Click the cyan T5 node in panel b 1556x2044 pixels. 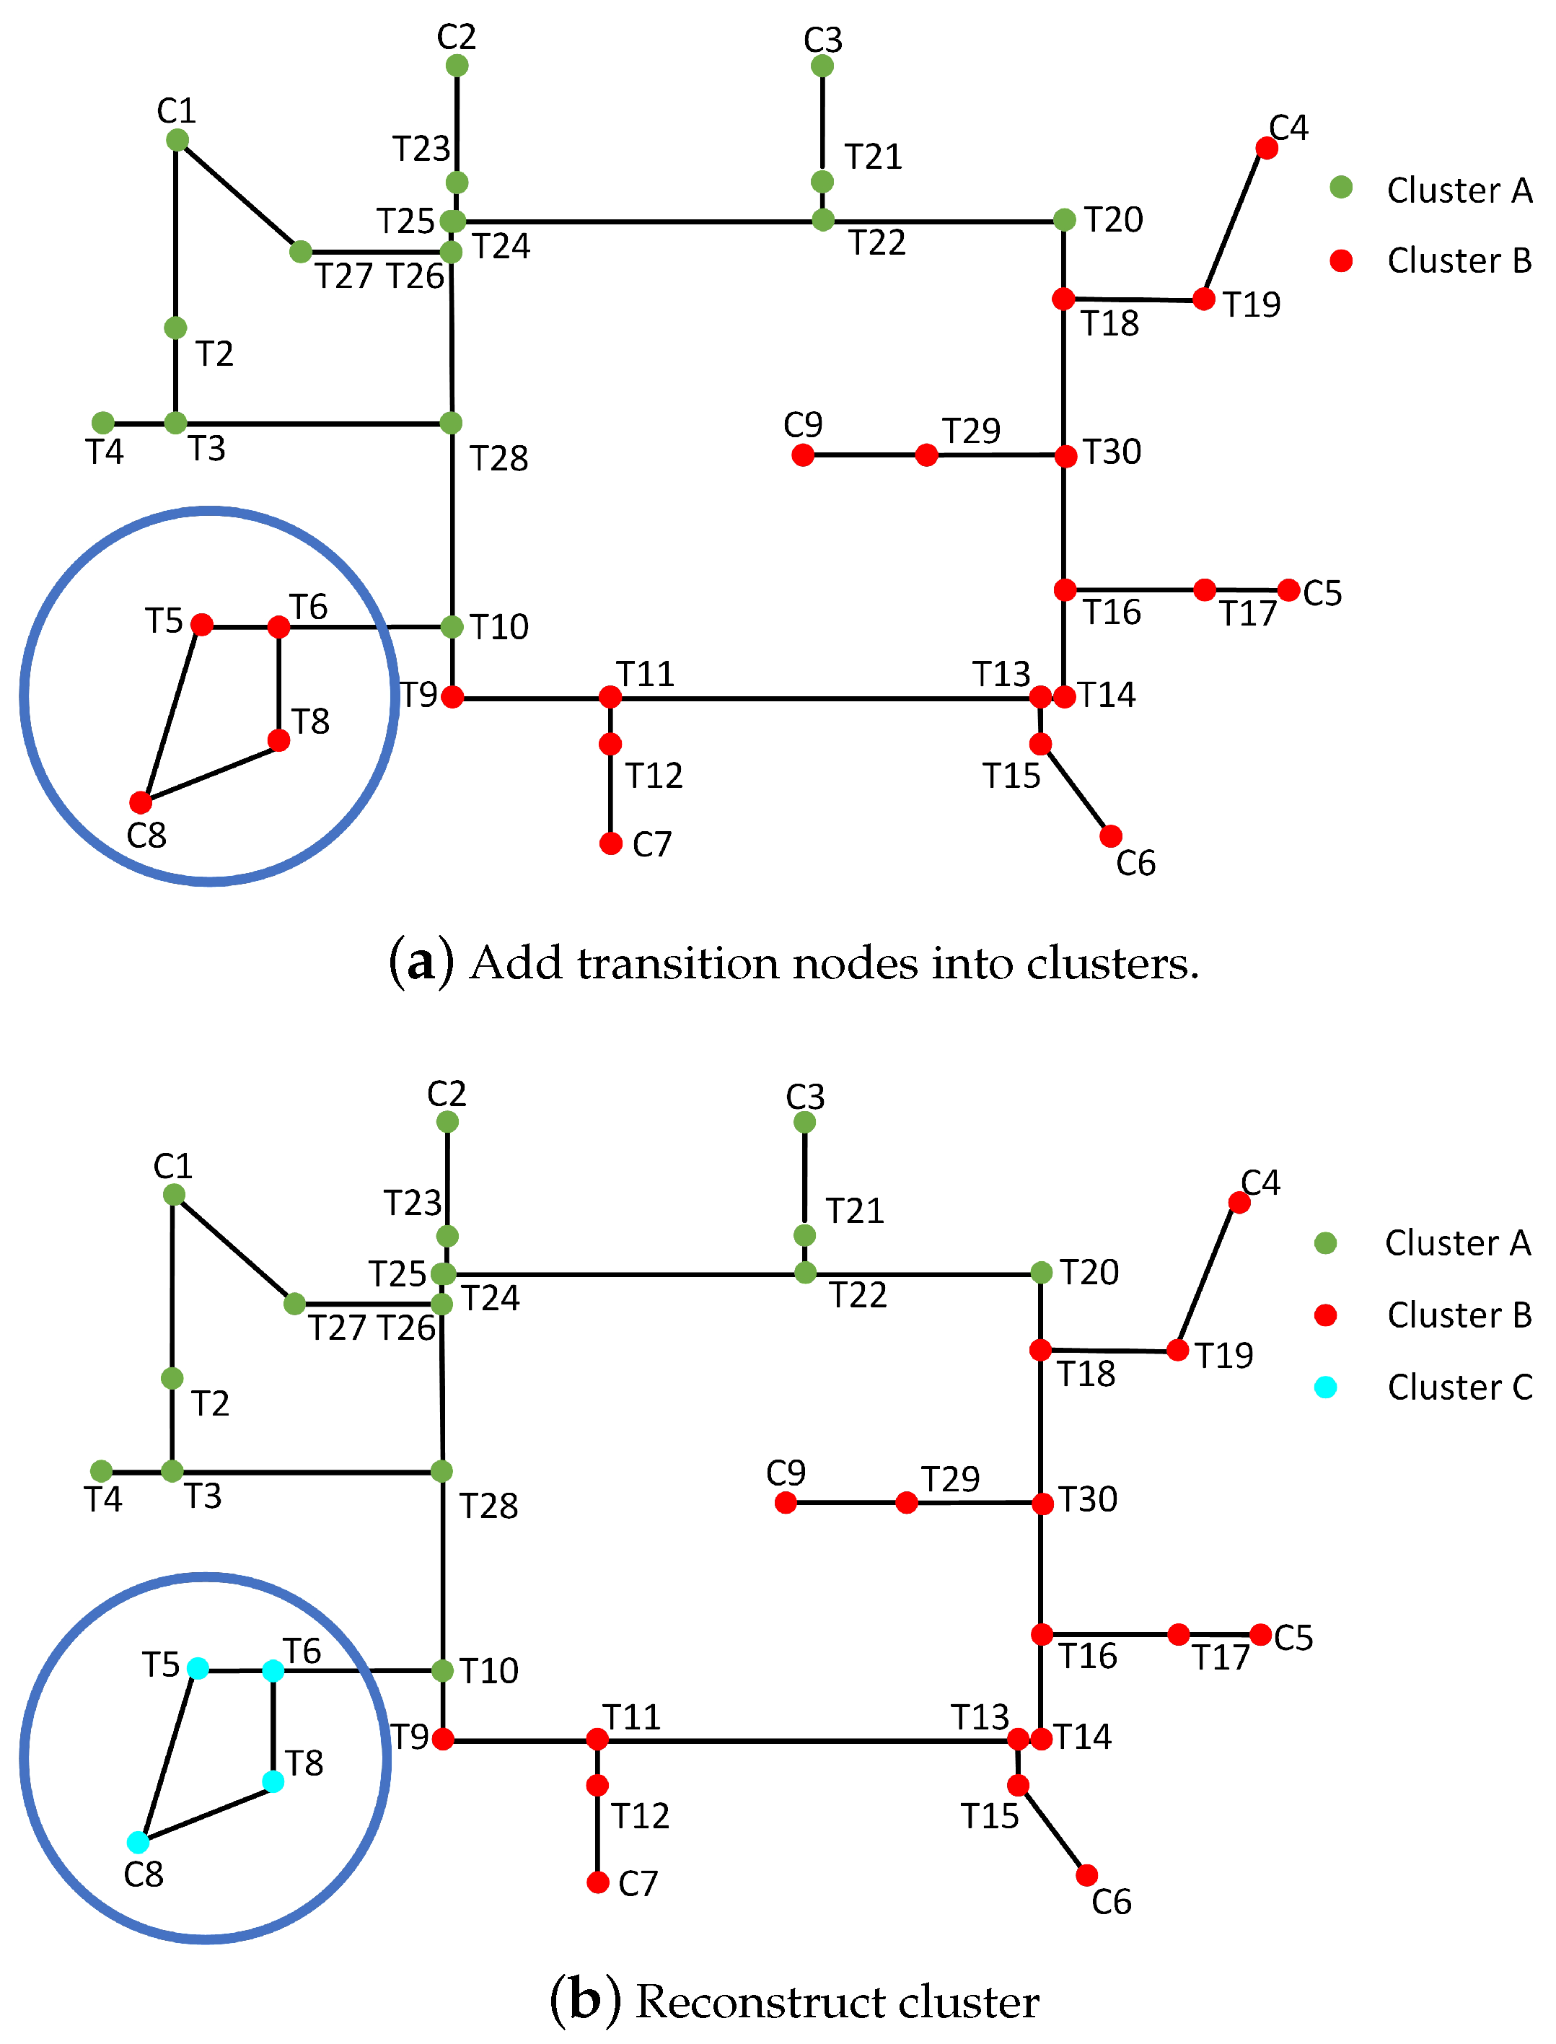click(197, 1668)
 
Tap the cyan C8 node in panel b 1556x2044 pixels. click(138, 1842)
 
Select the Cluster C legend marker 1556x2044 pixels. click(1325, 1387)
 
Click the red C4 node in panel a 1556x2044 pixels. click(1266, 148)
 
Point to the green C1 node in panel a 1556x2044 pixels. click(177, 140)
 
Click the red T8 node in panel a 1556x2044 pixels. click(278, 740)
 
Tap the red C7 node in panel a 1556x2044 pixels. click(610, 843)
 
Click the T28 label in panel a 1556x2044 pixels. click(498, 458)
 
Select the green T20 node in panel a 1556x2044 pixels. click(1064, 219)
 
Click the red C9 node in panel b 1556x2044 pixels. click(786, 1503)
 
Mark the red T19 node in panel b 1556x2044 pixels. click(1177, 1351)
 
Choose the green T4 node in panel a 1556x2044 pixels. click(103, 424)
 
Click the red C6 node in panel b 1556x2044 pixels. click(1087, 1875)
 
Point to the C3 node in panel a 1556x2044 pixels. click(822, 66)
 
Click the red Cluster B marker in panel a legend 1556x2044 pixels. click(1340, 261)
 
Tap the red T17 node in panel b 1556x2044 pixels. click(1178, 1635)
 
